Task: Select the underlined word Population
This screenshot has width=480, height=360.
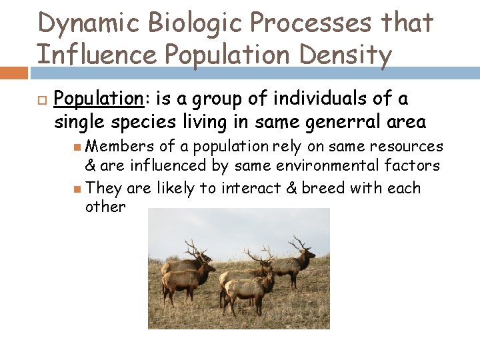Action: (98, 99)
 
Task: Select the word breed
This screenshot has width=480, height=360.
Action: (323, 188)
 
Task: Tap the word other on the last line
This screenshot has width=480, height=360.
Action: (105, 207)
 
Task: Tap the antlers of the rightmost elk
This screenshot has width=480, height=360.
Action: (296, 241)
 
